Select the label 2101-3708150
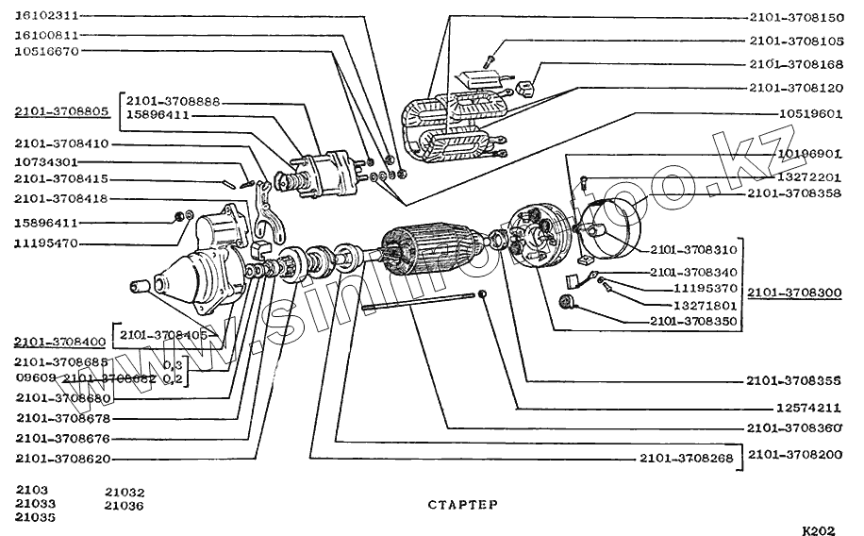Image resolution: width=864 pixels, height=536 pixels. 797,17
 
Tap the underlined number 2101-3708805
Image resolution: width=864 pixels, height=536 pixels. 61,111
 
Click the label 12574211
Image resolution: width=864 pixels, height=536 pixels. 809,409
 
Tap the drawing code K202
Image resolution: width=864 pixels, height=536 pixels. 820,530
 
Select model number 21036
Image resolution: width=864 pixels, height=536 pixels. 125,505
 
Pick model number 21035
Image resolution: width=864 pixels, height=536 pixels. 35,517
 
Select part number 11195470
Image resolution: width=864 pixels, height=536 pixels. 46,243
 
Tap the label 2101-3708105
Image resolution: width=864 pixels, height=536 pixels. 797,41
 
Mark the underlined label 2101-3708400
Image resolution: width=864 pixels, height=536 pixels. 61,341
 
